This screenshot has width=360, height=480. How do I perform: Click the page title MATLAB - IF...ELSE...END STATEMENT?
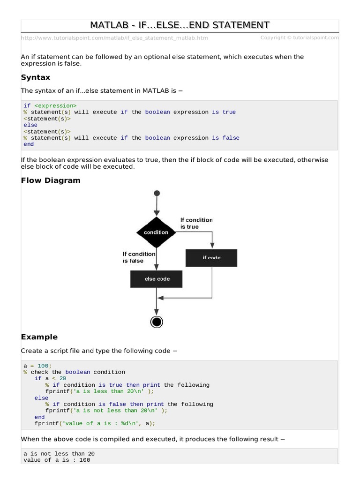click(x=180, y=25)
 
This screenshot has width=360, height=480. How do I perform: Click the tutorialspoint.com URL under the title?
click(x=114, y=38)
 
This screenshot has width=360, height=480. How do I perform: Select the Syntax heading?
click(x=36, y=77)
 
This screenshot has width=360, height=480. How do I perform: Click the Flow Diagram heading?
click(x=51, y=180)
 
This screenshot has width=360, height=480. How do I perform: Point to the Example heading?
click(x=39, y=337)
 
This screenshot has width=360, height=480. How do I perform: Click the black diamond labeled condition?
click(x=156, y=232)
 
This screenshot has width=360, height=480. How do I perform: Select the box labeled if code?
click(x=211, y=257)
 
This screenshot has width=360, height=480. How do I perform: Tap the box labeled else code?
click(x=157, y=279)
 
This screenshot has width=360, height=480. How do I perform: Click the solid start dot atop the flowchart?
click(x=157, y=193)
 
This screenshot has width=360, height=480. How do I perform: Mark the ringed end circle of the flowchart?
click(x=157, y=322)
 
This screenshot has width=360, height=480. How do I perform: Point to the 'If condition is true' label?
click(x=196, y=223)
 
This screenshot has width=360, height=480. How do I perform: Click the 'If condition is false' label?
click(x=139, y=257)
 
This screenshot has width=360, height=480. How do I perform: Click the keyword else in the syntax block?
click(x=30, y=125)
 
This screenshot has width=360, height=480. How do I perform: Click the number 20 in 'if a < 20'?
click(x=63, y=378)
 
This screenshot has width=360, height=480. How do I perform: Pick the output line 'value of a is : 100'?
click(x=57, y=460)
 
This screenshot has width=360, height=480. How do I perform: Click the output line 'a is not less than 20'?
click(x=59, y=454)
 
